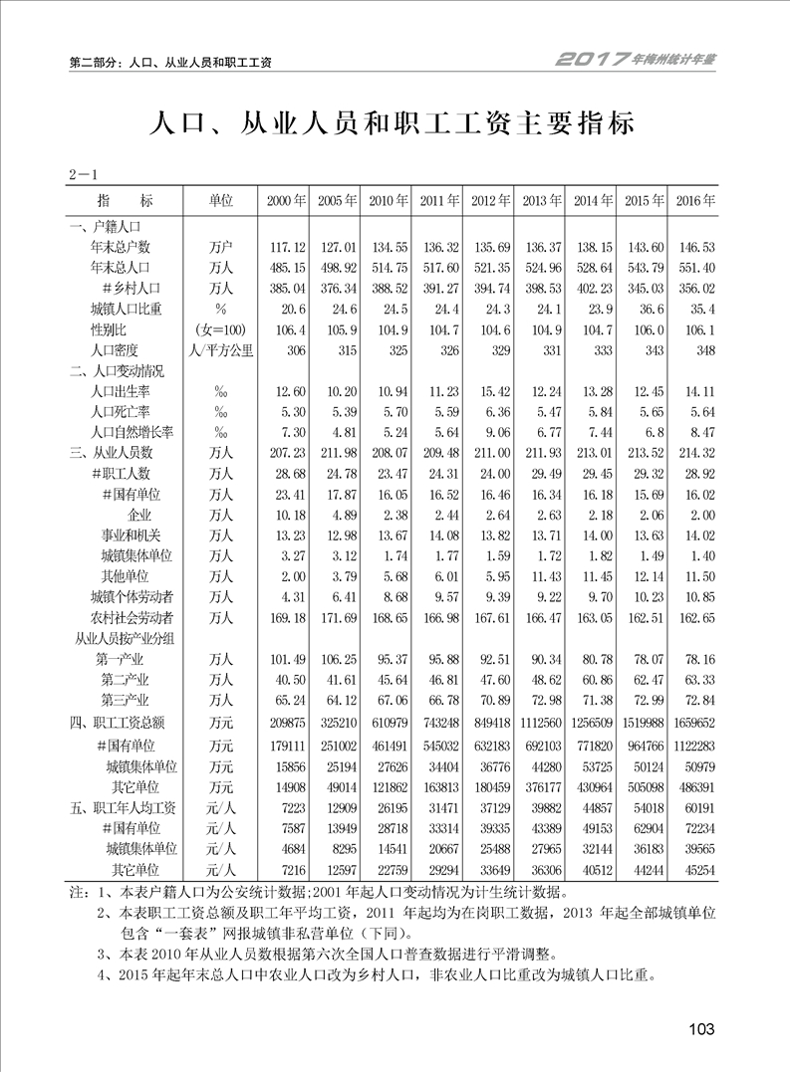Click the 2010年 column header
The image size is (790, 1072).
click(388, 201)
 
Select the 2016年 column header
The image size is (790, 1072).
click(695, 201)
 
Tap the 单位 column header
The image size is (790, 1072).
click(220, 201)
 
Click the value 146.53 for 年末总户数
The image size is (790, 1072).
click(695, 247)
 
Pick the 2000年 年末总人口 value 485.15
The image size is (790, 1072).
click(284, 268)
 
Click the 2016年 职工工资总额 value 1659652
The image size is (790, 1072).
click(691, 722)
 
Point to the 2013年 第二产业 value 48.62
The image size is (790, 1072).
click(542, 680)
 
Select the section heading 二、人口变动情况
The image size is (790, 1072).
click(116, 371)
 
